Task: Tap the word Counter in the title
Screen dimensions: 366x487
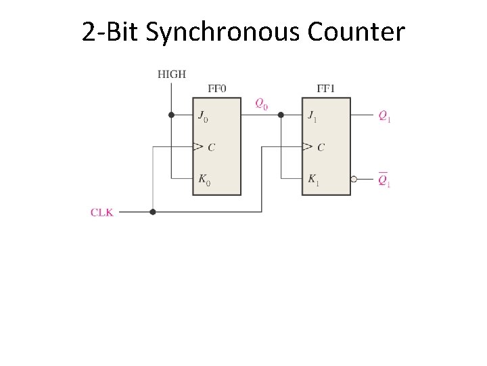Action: [356, 31]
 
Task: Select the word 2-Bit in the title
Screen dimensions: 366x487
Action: [110, 31]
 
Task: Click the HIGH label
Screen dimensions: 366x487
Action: [172, 74]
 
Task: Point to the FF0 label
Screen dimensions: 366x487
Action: [218, 89]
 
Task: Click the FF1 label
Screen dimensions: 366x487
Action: [326, 89]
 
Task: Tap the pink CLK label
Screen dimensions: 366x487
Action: [102, 212]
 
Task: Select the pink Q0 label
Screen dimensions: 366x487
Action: [261, 104]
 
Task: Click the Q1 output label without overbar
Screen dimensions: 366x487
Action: [384, 117]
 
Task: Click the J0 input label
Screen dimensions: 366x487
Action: [203, 117]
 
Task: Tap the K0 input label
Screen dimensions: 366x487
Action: [204, 180]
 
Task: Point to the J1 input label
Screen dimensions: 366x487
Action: [312, 117]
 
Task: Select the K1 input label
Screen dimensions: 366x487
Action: [312, 180]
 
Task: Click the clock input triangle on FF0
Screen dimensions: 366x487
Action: [198, 146]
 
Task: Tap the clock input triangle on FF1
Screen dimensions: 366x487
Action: [307, 146]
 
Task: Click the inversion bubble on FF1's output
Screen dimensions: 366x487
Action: [354, 180]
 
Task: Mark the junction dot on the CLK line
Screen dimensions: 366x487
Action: [153, 212]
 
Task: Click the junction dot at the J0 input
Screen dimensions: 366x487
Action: [171, 115]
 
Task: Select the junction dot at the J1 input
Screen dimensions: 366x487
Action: [281, 115]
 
